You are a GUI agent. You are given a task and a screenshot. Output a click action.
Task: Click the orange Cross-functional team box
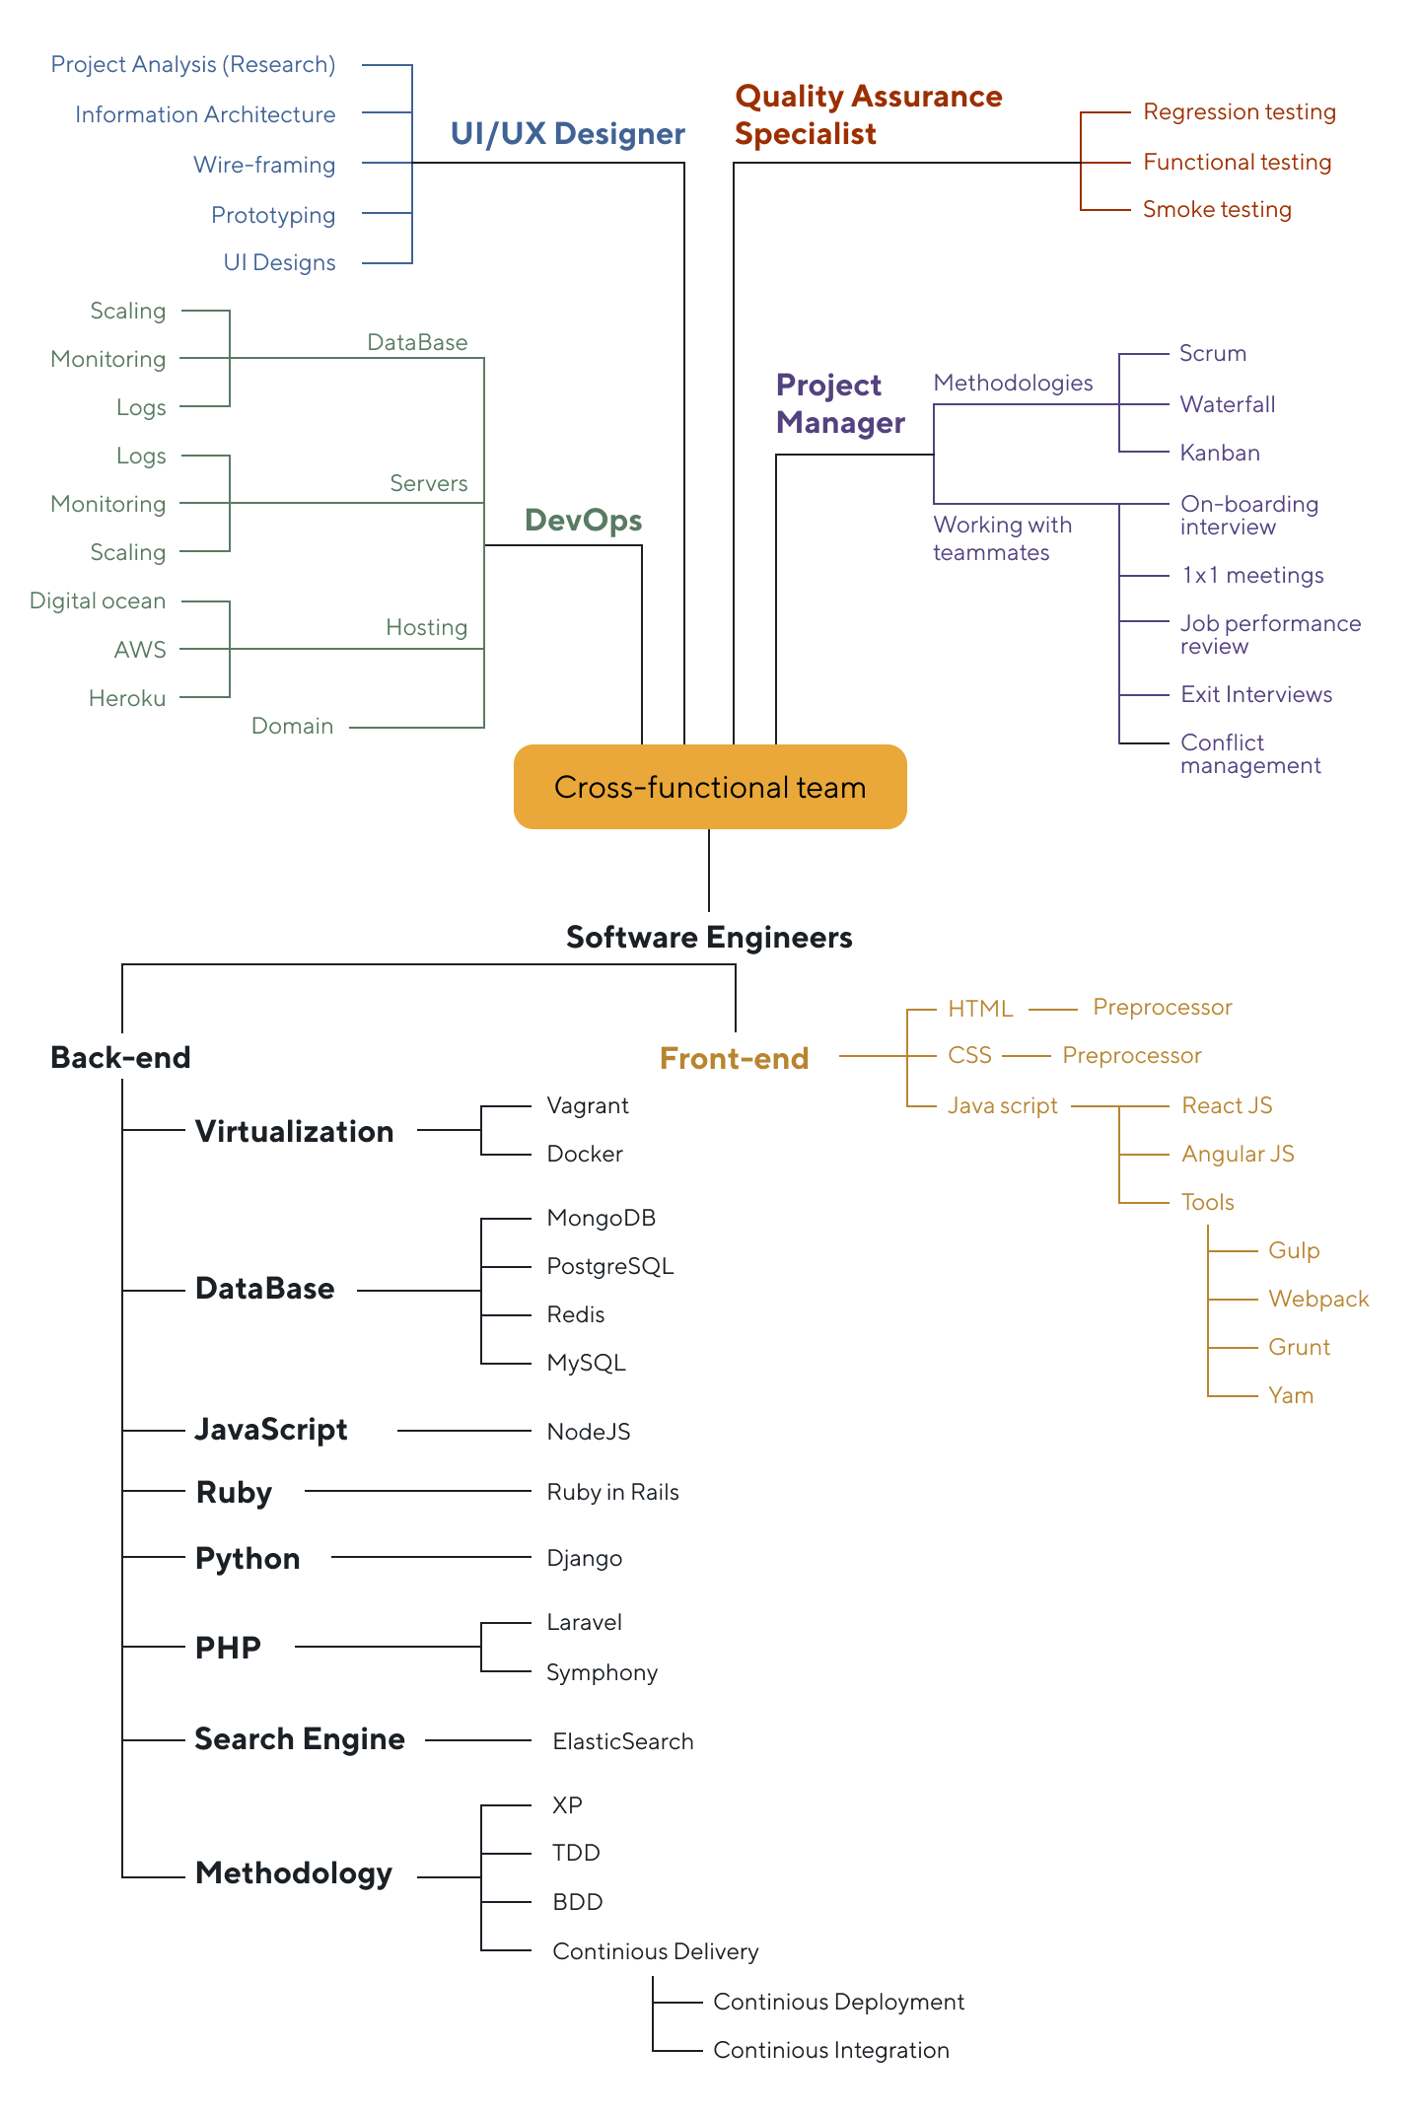point(709,787)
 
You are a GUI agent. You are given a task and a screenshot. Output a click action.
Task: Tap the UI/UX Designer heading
point(567,134)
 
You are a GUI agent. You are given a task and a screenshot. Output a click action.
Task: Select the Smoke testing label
point(1217,209)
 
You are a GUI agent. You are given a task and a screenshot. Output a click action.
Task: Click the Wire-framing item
point(264,165)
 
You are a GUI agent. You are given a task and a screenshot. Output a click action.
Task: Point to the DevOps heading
point(583,521)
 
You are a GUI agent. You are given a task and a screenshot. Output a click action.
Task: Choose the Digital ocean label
point(98,600)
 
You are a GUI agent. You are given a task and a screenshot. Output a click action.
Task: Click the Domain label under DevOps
point(292,726)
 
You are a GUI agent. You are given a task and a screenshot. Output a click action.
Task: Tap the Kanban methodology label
point(1220,453)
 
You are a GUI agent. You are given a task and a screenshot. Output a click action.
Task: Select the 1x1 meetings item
point(1252,575)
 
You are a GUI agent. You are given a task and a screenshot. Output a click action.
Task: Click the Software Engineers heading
point(709,937)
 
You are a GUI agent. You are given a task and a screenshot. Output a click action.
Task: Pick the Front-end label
point(734,1058)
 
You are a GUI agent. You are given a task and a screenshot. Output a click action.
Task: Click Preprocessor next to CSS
point(1131,1055)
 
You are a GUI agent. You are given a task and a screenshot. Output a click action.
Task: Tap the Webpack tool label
point(1318,1299)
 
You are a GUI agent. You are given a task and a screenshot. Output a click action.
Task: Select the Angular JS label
point(1238,1154)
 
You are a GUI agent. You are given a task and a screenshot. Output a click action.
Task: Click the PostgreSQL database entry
point(609,1266)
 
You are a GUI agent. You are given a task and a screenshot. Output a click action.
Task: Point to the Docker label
point(585,1154)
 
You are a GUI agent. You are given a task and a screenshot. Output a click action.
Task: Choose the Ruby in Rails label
point(612,1492)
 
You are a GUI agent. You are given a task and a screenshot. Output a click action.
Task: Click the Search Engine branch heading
point(300,1739)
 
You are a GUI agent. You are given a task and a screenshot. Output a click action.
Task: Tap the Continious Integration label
point(830,2050)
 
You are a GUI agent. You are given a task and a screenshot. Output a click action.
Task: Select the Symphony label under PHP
point(602,1672)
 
